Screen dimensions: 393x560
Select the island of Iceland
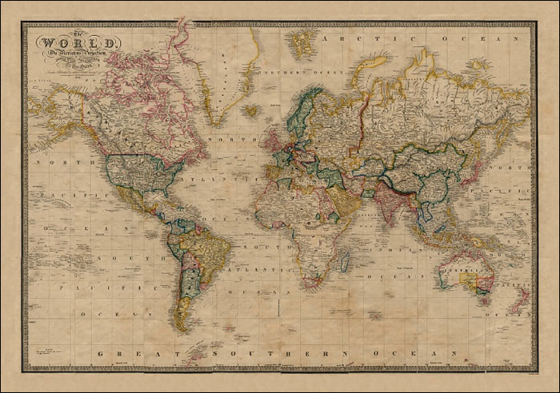coord(250,111)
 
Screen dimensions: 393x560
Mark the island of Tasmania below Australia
coord(482,300)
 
